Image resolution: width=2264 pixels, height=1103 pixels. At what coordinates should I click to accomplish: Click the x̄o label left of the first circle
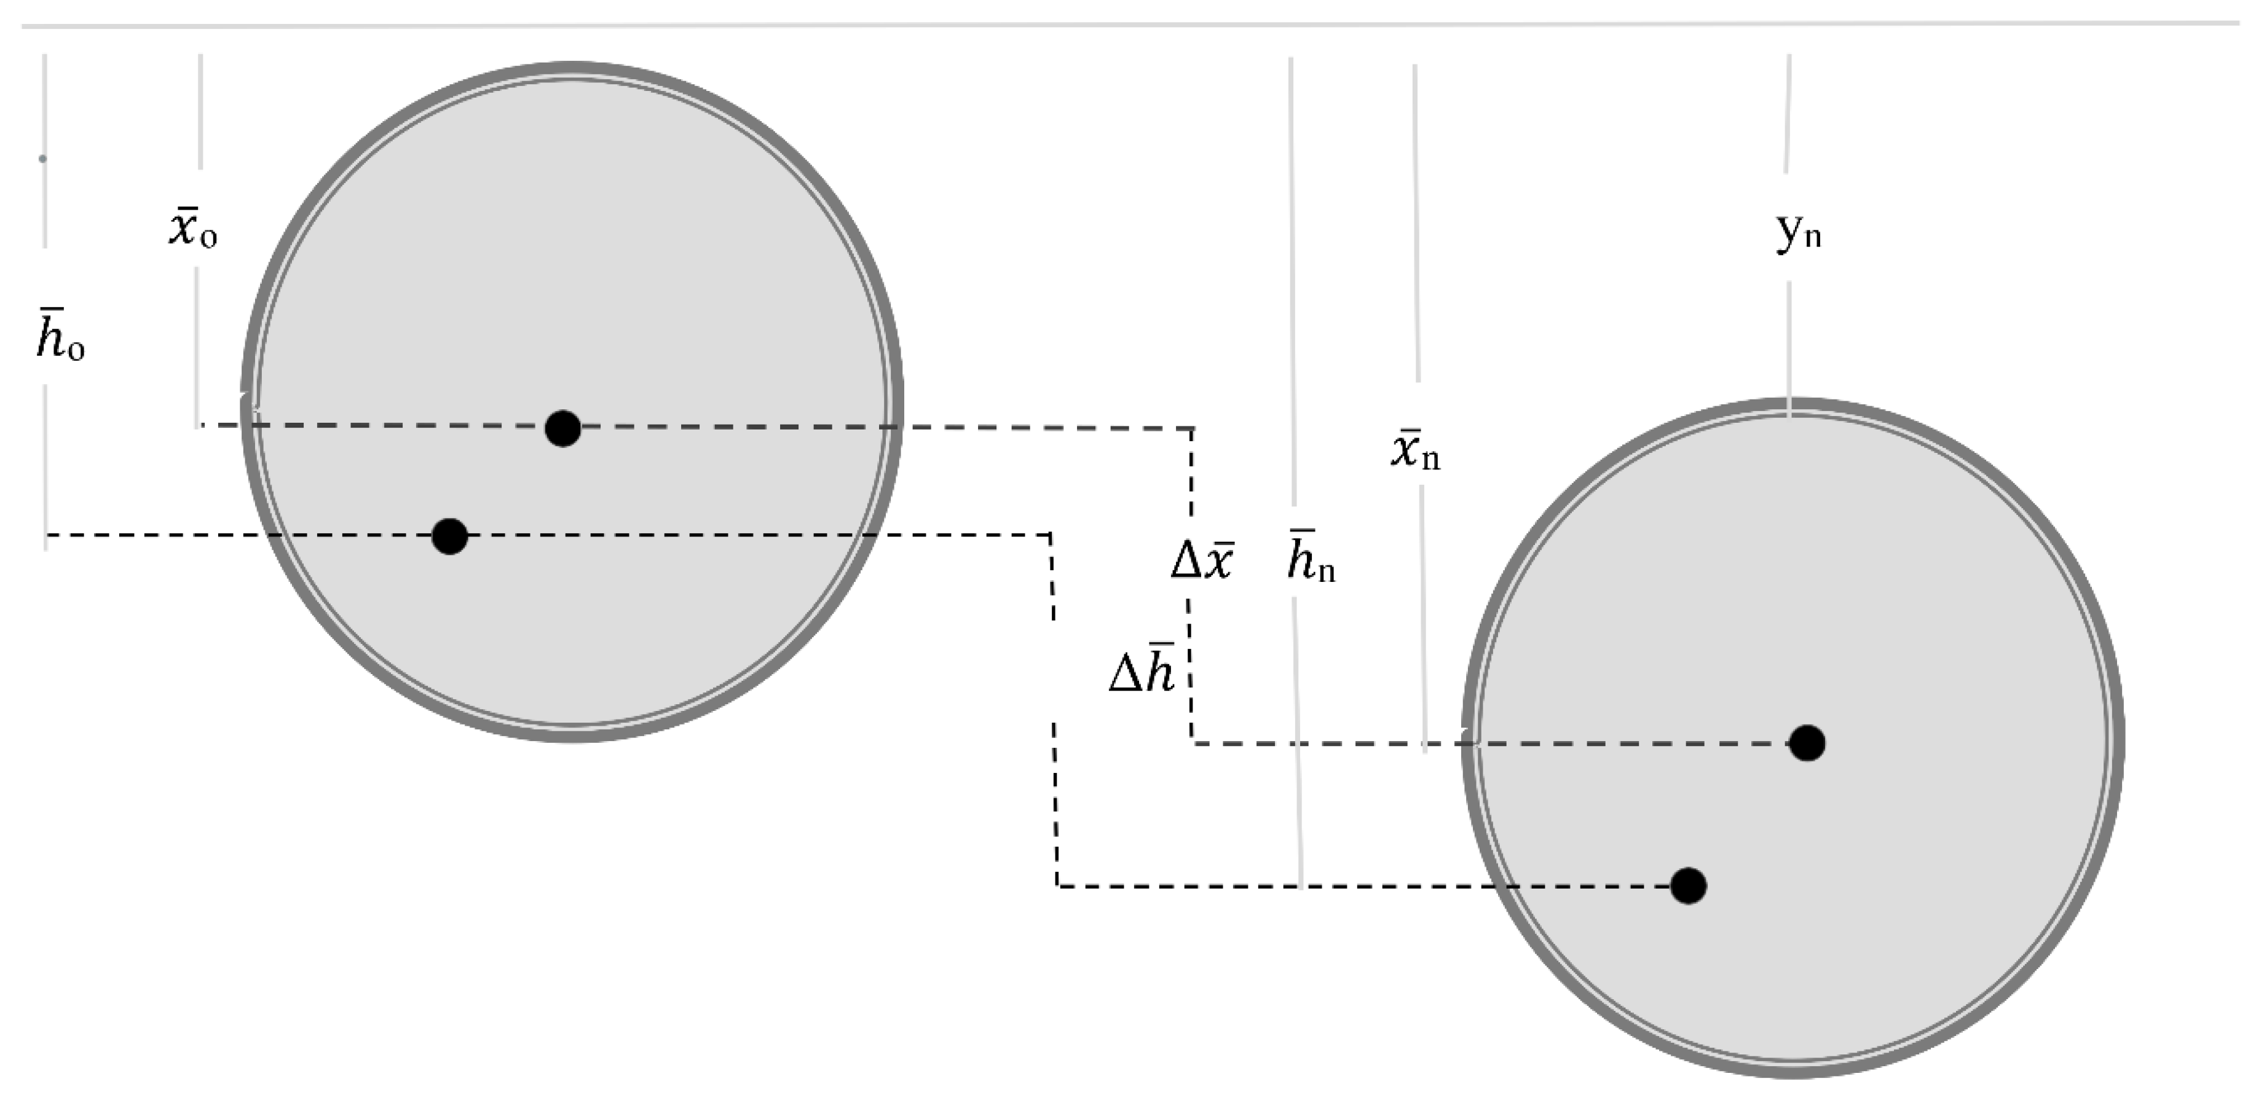coord(192,230)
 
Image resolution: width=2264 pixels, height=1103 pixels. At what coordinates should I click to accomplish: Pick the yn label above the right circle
coord(1798,233)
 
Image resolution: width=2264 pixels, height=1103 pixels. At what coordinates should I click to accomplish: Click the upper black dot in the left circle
coord(562,428)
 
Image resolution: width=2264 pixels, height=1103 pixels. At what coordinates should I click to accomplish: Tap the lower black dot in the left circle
coord(450,536)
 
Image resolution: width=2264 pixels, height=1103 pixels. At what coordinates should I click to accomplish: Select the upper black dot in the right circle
coord(1807,743)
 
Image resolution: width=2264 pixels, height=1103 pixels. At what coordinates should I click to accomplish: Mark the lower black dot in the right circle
coord(1689,885)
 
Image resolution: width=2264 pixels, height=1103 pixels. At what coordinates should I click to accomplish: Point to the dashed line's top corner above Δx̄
coord(1192,428)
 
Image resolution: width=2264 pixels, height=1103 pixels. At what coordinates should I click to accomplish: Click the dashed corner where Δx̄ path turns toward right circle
coord(1193,744)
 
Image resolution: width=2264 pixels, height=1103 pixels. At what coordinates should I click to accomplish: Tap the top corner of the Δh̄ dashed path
coord(1051,535)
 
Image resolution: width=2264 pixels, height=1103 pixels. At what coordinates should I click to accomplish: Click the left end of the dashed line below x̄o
coord(201,425)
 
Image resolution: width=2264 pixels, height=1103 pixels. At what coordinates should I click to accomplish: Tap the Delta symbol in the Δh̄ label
coord(1125,675)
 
